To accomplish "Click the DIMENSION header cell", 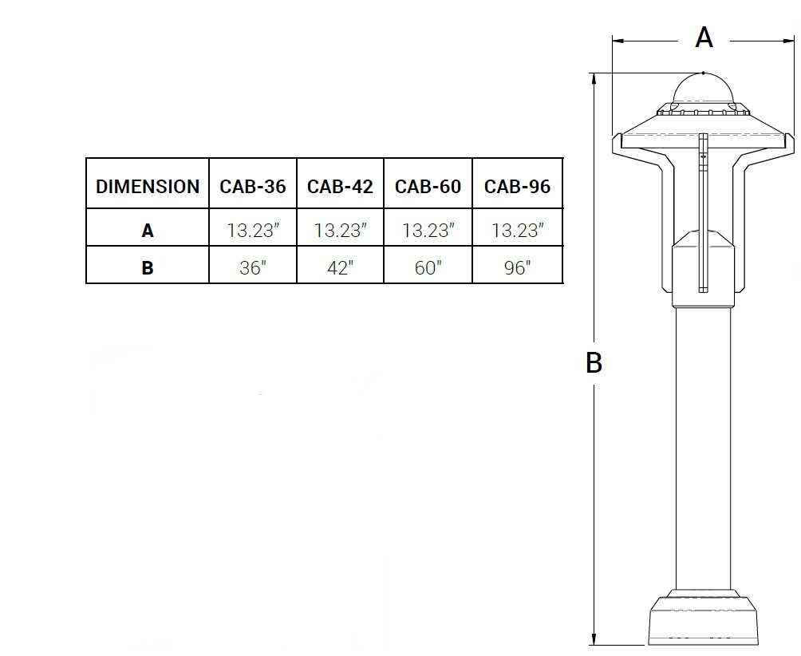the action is pyautogui.click(x=147, y=187).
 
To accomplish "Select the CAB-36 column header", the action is pyautogui.click(x=253, y=187).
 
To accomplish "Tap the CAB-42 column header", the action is pyautogui.click(x=340, y=187).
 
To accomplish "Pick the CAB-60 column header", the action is pyautogui.click(x=428, y=187).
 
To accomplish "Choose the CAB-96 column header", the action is pyautogui.click(x=518, y=187).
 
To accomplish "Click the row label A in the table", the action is pyautogui.click(x=147, y=231).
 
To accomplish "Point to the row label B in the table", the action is pyautogui.click(x=147, y=267).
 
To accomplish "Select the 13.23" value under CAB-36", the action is pyautogui.click(x=254, y=231).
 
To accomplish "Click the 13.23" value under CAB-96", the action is pyautogui.click(x=518, y=231).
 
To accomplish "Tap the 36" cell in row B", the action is pyautogui.click(x=253, y=267).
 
